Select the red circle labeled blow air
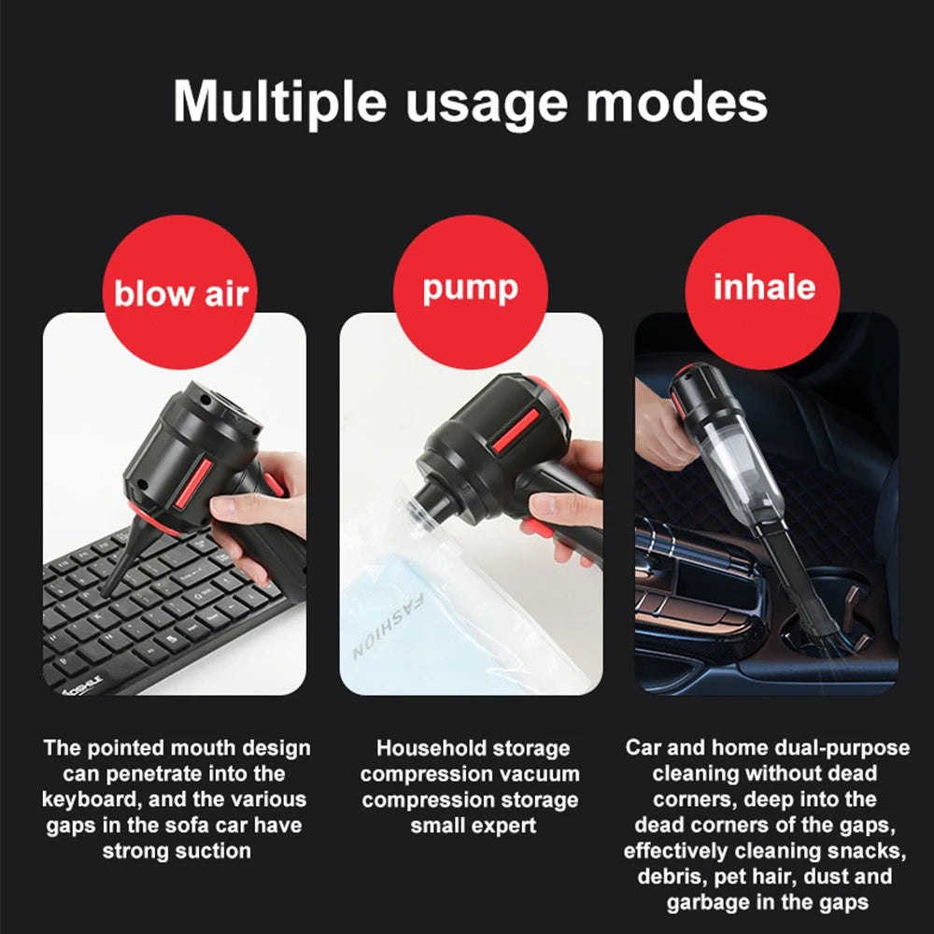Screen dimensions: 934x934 (181, 292)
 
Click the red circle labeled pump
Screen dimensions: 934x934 (470, 286)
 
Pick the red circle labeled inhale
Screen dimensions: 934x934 (763, 286)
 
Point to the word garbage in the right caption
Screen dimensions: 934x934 (706, 902)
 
